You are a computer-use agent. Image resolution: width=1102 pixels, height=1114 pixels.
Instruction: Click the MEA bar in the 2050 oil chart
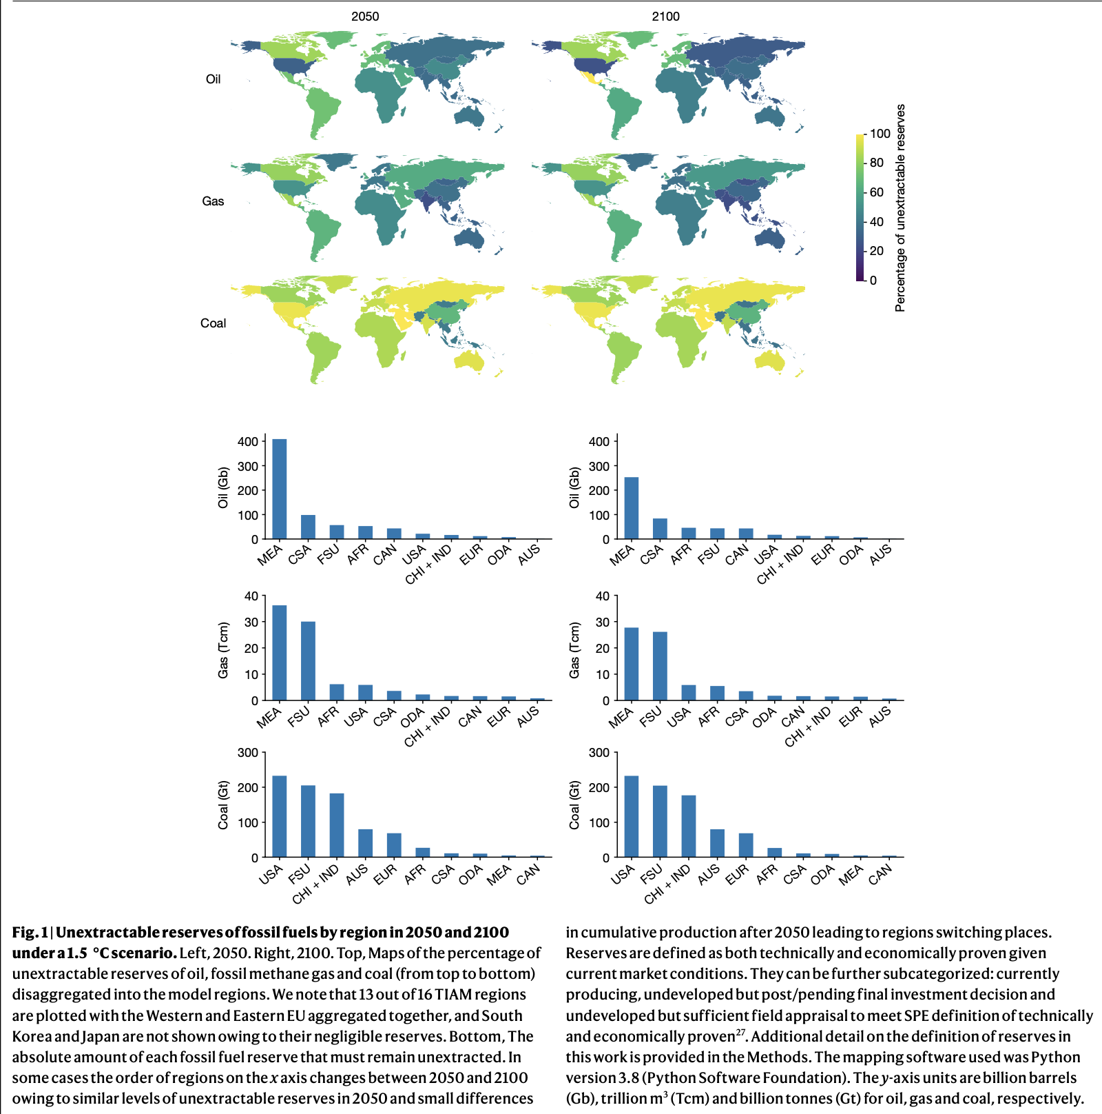[x=280, y=489]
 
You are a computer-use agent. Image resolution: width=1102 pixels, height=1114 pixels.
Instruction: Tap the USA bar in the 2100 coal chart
[x=631, y=816]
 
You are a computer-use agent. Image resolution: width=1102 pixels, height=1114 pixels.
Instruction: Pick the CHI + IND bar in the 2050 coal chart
[x=337, y=825]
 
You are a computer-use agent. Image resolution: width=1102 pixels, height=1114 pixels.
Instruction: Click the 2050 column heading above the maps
[x=365, y=17]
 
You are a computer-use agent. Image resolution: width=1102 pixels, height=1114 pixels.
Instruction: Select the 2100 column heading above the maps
[x=665, y=17]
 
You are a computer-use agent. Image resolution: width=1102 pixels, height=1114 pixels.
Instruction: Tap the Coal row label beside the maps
[x=213, y=323]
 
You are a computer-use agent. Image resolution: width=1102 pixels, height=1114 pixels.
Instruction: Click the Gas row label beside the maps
[x=213, y=201]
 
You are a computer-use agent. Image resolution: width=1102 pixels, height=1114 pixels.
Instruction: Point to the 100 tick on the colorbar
[x=880, y=134]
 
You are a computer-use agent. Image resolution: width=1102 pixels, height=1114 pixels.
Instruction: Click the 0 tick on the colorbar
[x=873, y=281]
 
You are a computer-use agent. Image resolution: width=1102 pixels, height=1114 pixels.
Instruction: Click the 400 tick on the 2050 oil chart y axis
[x=248, y=441]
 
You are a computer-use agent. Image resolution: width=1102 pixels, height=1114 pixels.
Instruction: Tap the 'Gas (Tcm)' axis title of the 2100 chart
[x=574, y=650]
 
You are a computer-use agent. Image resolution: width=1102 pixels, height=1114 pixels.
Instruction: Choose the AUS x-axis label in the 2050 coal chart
[x=357, y=875]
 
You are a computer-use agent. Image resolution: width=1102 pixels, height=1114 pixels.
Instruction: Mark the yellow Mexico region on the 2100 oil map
[x=590, y=79]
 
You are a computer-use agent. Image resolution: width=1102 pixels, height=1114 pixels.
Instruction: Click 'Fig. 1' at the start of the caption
[x=30, y=933]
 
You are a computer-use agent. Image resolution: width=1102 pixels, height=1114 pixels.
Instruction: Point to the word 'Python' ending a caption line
[x=1055, y=1057]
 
